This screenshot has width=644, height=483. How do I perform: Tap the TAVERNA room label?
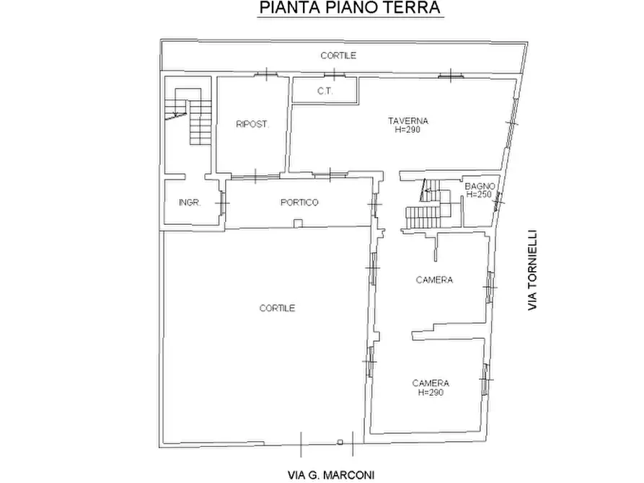point(407,120)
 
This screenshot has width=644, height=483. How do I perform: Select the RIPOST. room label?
point(252,125)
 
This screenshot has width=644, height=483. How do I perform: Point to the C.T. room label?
point(323,92)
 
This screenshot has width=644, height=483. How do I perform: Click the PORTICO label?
point(299,203)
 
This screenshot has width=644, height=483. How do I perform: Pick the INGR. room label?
point(189,203)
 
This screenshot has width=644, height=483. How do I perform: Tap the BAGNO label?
point(480,186)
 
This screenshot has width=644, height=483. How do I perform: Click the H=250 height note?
point(480,195)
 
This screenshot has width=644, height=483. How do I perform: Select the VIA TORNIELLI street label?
point(533,270)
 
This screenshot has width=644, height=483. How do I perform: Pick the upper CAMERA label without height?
point(434,280)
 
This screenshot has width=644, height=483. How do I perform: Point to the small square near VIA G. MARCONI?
point(339,441)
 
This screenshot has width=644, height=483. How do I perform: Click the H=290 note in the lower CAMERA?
point(432,393)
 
